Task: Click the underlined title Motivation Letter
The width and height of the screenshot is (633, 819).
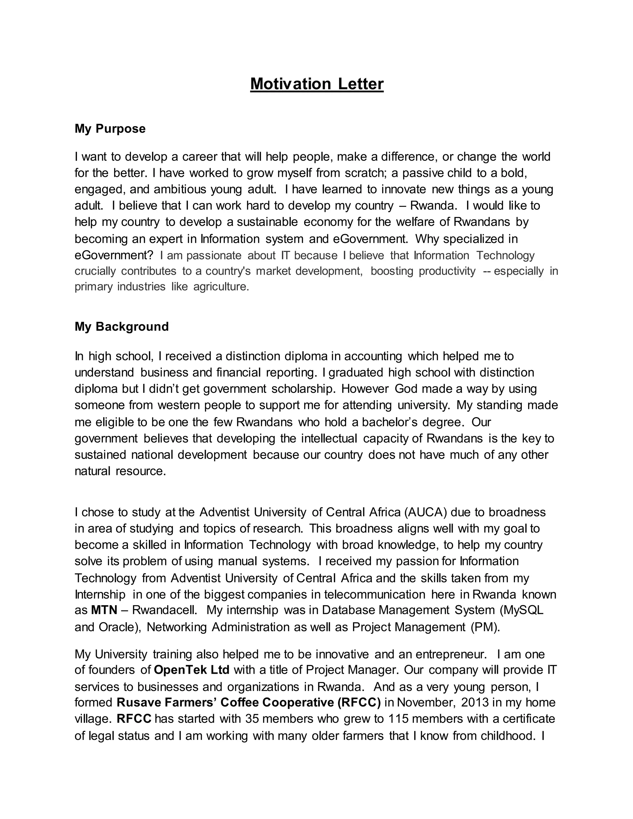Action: (317, 84)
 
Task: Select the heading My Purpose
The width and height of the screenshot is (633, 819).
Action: (110, 129)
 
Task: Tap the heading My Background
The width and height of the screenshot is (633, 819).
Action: (121, 326)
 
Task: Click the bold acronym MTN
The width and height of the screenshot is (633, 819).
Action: (104, 610)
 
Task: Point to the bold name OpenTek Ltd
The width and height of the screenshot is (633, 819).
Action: (192, 669)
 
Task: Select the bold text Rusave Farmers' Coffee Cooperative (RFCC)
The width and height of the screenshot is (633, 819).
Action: (249, 702)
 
